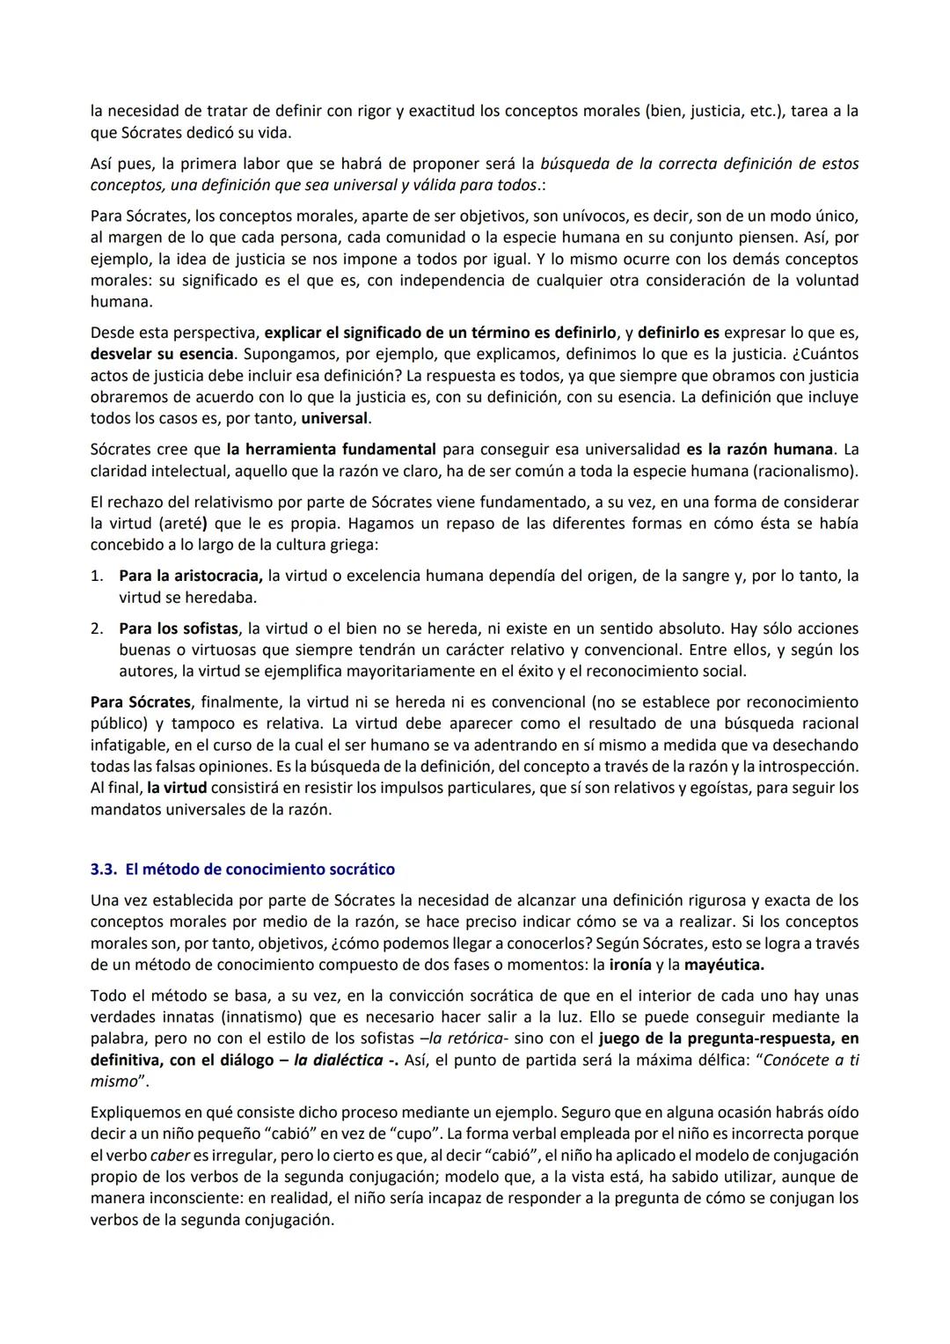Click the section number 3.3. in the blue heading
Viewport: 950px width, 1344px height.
104,870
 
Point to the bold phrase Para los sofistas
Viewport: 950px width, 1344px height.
179,629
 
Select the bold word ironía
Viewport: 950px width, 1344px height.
630,965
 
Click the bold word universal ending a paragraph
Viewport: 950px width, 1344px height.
341,418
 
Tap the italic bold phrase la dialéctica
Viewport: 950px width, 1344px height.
340,1060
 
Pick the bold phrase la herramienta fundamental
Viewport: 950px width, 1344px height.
331,450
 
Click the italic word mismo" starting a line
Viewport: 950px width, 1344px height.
118,1081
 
